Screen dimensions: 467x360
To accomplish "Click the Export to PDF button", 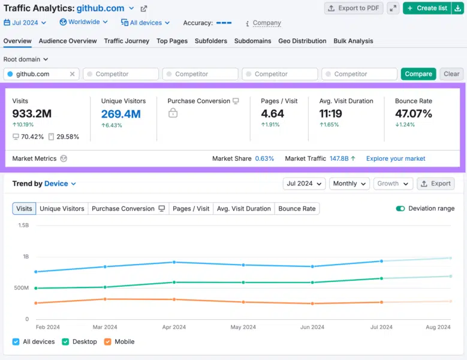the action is click(354, 8).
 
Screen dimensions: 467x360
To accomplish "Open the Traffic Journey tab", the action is click(126, 41).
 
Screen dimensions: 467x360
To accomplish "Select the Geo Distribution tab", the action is click(302, 41).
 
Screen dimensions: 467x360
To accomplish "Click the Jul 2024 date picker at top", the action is click(25, 23).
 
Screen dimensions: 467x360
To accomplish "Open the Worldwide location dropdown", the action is click(84, 22).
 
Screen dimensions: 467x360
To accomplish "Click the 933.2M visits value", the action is click(32, 113).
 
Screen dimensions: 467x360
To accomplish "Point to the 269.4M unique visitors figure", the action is click(121, 114).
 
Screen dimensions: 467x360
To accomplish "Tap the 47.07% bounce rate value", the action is click(414, 113).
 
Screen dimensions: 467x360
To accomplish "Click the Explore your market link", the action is click(396, 158).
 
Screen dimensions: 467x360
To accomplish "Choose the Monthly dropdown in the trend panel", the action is click(350, 184).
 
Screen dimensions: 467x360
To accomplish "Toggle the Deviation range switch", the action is click(400, 209).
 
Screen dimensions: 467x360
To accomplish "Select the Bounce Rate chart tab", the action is click(297, 209).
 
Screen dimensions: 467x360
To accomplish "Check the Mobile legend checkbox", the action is click(107, 342).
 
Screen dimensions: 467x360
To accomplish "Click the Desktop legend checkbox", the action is click(65, 342).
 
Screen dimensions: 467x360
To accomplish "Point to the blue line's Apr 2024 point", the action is click(174, 262).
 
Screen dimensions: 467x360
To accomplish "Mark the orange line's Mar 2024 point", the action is click(105, 299).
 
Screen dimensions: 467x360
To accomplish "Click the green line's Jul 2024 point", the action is click(381, 278).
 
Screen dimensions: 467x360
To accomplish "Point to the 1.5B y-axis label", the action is click(23, 225).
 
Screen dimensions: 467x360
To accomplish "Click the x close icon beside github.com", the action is click(72, 74).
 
